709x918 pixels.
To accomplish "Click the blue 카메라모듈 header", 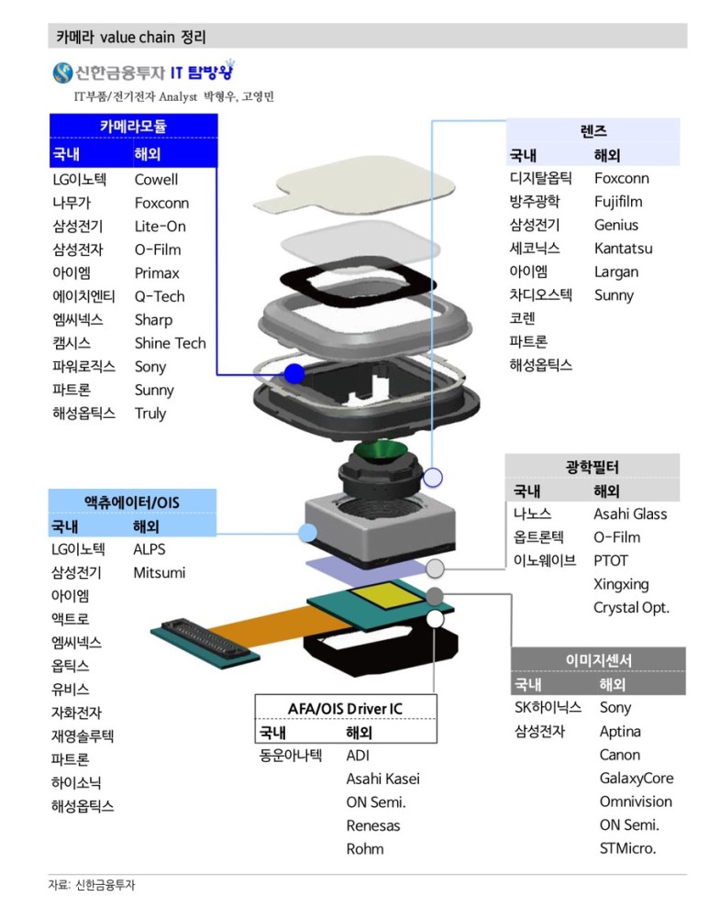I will pyautogui.click(x=133, y=127).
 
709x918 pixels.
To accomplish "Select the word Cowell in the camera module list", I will pyautogui.click(x=156, y=180).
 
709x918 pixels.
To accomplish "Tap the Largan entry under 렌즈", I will pyautogui.click(x=616, y=271).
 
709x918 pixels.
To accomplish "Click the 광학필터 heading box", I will pyautogui.click(x=592, y=468).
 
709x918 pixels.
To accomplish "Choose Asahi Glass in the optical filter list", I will pyautogui.click(x=630, y=514).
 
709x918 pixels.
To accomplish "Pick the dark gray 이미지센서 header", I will pyautogui.click(x=598, y=660).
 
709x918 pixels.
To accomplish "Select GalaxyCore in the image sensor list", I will pyautogui.click(x=637, y=779).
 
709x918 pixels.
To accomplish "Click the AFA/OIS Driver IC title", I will pyautogui.click(x=345, y=709).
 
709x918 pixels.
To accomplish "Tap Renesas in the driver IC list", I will pyautogui.click(x=373, y=825).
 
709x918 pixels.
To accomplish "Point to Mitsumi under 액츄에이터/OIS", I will pyautogui.click(x=159, y=573).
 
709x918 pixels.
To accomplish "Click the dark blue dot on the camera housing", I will pyautogui.click(x=294, y=372).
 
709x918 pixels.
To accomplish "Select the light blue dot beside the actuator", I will pyautogui.click(x=308, y=532).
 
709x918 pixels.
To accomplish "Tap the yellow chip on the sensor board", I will pyautogui.click(x=383, y=598).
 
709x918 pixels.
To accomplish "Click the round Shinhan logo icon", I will pyautogui.click(x=62, y=72).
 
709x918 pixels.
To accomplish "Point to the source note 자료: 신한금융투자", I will pyautogui.click(x=96, y=886).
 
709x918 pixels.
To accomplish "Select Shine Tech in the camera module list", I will pyautogui.click(x=170, y=344).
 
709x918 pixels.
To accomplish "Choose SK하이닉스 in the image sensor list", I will pyautogui.click(x=548, y=708).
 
